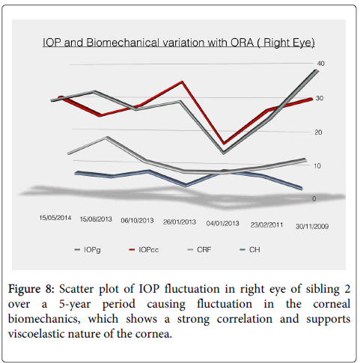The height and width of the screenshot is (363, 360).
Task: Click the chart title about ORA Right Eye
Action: (179, 43)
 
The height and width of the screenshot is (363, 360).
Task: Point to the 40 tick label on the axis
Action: (320, 64)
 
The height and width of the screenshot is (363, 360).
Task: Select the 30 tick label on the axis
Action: (320, 98)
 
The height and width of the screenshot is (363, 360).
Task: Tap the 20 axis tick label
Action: (318, 132)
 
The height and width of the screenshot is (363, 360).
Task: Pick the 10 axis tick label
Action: (317, 166)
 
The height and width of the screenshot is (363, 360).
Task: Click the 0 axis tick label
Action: (314, 198)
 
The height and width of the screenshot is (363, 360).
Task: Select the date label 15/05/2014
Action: (55, 218)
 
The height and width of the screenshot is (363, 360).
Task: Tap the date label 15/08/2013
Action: (96, 219)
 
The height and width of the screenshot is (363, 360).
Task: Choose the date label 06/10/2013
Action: (137, 221)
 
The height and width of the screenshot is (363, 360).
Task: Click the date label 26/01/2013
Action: (180, 222)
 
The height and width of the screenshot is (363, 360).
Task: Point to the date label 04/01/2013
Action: (222, 223)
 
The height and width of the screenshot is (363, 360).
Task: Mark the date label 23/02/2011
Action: (266, 225)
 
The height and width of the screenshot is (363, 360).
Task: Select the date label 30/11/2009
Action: (312, 227)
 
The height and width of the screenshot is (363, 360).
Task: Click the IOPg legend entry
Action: (88, 250)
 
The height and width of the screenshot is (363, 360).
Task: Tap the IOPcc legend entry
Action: (144, 250)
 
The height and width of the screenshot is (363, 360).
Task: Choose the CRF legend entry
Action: (199, 250)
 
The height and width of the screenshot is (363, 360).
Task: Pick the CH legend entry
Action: (250, 250)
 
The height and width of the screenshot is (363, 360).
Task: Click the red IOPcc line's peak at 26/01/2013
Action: (183, 82)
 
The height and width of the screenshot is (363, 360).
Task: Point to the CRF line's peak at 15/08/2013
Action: (106, 137)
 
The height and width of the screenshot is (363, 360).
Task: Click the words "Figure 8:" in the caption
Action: (31, 289)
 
